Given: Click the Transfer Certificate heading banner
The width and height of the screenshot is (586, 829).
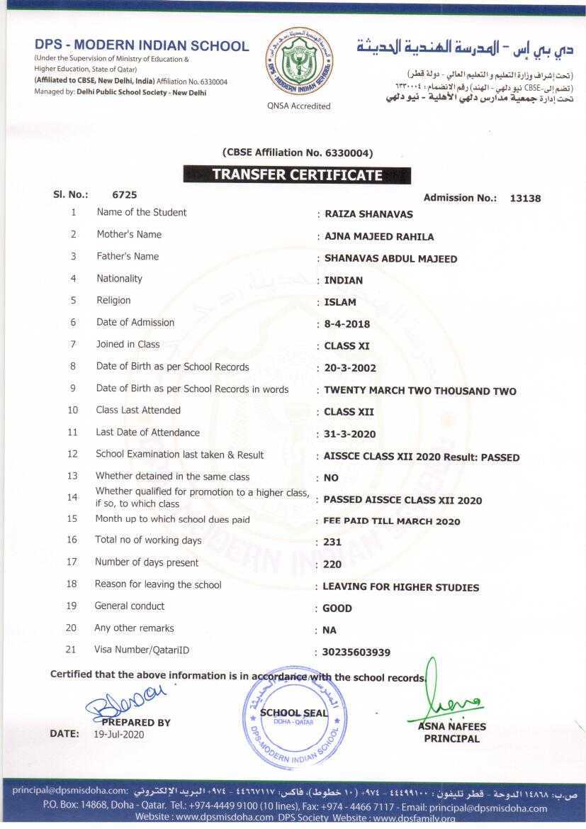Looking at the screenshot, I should coord(297,175).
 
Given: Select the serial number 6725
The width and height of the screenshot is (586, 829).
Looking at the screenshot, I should coord(125,194).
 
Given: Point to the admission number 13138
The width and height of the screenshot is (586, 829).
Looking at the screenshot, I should coord(525,199).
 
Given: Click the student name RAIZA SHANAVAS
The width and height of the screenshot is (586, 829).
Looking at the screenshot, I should coord(368,214).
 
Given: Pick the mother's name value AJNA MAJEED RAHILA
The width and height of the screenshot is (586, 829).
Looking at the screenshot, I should coord(379,237).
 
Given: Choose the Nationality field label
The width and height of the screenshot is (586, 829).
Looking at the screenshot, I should coord(119,279).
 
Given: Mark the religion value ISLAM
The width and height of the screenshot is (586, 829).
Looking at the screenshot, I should coord(340,303).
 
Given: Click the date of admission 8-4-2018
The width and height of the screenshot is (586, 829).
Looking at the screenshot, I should coord(347,325).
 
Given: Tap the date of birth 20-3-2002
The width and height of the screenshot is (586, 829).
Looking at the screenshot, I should coord(350,369).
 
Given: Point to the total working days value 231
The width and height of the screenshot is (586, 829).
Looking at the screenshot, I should coord(332,543).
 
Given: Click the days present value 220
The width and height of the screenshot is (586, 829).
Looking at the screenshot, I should coord(332,565).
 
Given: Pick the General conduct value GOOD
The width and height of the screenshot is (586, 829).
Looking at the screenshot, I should coord(337,608).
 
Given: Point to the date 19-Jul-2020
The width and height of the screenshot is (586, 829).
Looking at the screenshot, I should coord(118,735).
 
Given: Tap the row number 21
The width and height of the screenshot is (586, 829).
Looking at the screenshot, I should coord(71,650).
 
